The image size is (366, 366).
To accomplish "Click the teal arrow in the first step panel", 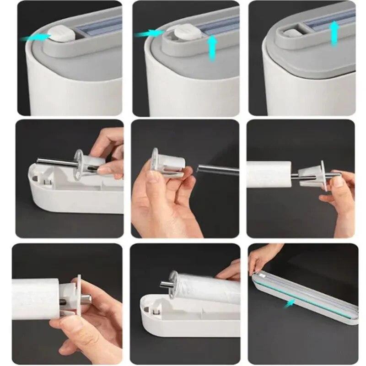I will (36, 38).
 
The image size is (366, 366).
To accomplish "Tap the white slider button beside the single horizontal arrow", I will (59, 33).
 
